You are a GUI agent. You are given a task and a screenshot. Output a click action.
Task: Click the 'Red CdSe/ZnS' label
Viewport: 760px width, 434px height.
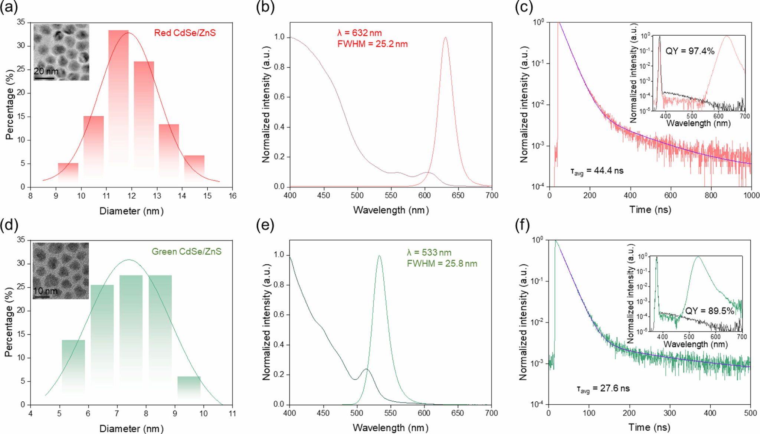point(185,33)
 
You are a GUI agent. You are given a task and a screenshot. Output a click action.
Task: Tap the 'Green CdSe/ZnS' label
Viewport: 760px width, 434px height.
point(186,252)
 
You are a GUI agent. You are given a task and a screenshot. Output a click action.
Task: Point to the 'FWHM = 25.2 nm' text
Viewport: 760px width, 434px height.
point(372,44)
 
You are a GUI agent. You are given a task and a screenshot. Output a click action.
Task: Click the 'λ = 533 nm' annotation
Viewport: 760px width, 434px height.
point(429,253)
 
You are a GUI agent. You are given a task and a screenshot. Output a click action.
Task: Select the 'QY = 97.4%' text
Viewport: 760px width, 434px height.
point(689,51)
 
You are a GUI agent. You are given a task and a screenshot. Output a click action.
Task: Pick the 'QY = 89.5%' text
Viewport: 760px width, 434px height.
point(709,311)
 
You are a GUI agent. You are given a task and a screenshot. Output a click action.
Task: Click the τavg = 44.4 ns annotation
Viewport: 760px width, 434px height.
point(597,171)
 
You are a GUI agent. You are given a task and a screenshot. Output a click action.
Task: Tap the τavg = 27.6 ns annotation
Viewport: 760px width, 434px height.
point(603,389)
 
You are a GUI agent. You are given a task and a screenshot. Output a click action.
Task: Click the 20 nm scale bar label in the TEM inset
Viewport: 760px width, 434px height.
point(46,71)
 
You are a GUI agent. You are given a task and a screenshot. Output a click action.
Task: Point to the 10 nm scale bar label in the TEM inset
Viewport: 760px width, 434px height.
point(45,291)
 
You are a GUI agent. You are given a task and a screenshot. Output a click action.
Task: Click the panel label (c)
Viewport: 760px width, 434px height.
point(524,7)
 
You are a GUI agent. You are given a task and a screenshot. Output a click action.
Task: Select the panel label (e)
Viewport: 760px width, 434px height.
point(265,225)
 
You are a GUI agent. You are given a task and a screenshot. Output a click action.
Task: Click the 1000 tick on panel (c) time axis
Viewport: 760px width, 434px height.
point(751,195)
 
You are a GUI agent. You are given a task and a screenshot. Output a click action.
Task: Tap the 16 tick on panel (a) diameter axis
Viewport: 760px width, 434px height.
point(232,196)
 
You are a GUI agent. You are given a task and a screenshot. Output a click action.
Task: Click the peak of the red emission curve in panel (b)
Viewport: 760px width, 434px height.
point(445,37)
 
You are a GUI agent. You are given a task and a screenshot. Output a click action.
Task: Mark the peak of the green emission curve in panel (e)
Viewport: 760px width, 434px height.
point(379,255)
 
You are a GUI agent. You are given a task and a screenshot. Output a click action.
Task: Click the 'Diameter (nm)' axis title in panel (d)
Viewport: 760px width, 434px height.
point(131,428)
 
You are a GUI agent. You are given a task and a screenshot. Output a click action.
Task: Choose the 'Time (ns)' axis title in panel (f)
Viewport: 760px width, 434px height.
point(649,427)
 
